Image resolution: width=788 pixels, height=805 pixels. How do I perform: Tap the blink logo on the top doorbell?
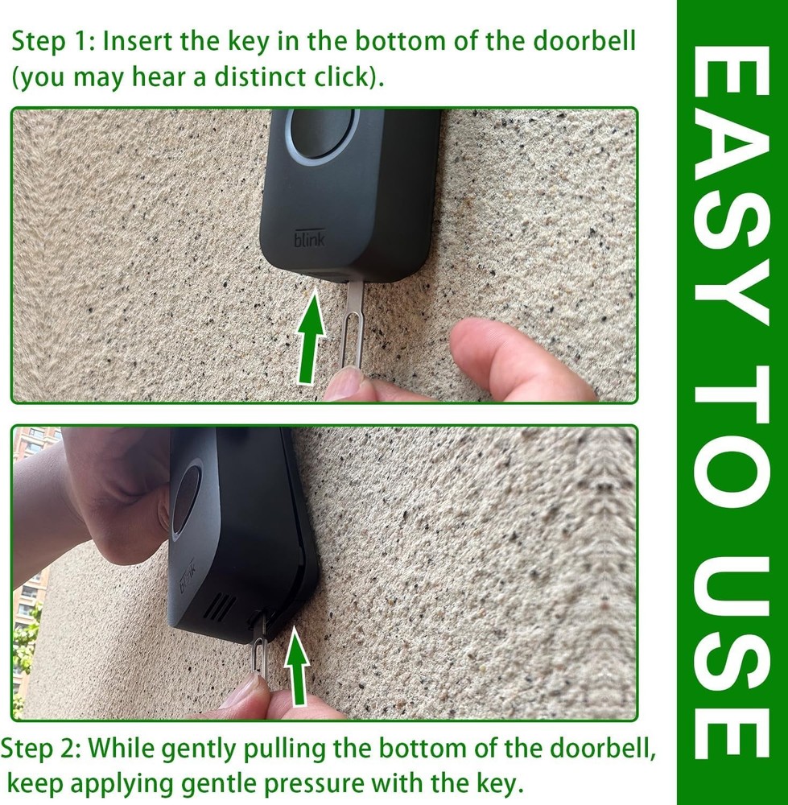(303, 240)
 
